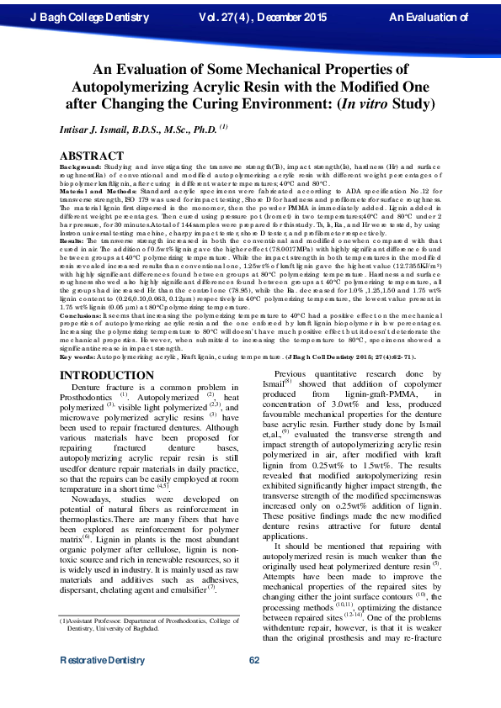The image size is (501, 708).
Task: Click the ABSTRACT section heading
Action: [x=92, y=156]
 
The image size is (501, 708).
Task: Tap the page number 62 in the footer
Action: [x=253, y=684]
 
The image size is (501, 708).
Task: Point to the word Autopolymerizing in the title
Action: [x=135, y=87]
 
